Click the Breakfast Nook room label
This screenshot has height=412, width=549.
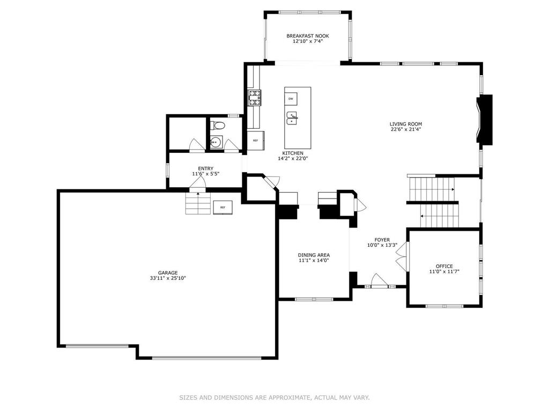click(x=307, y=36)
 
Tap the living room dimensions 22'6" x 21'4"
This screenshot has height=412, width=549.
click(x=405, y=129)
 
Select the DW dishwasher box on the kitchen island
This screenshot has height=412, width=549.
click(x=291, y=99)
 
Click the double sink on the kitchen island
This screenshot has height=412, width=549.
click(x=292, y=118)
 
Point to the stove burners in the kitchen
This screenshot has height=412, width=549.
click(x=254, y=97)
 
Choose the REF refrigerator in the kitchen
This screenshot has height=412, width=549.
click(x=255, y=140)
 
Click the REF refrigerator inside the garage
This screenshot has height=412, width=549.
click(x=222, y=207)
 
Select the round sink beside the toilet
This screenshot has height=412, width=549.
click(x=216, y=142)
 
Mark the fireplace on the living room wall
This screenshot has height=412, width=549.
click(x=485, y=120)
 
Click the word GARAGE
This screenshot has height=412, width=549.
click(x=167, y=273)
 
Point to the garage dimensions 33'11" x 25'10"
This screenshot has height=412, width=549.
click(x=167, y=278)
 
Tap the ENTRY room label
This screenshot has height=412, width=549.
click(x=205, y=168)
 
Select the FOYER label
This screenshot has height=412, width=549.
click(x=382, y=240)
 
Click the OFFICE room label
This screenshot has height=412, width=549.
click(x=444, y=266)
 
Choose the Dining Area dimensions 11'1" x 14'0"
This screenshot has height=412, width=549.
click(x=314, y=260)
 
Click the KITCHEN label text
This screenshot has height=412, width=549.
click(x=293, y=153)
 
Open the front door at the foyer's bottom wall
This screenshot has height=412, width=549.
click(x=379, y=282)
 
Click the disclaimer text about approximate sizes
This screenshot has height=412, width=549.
click(x=274, y=398)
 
